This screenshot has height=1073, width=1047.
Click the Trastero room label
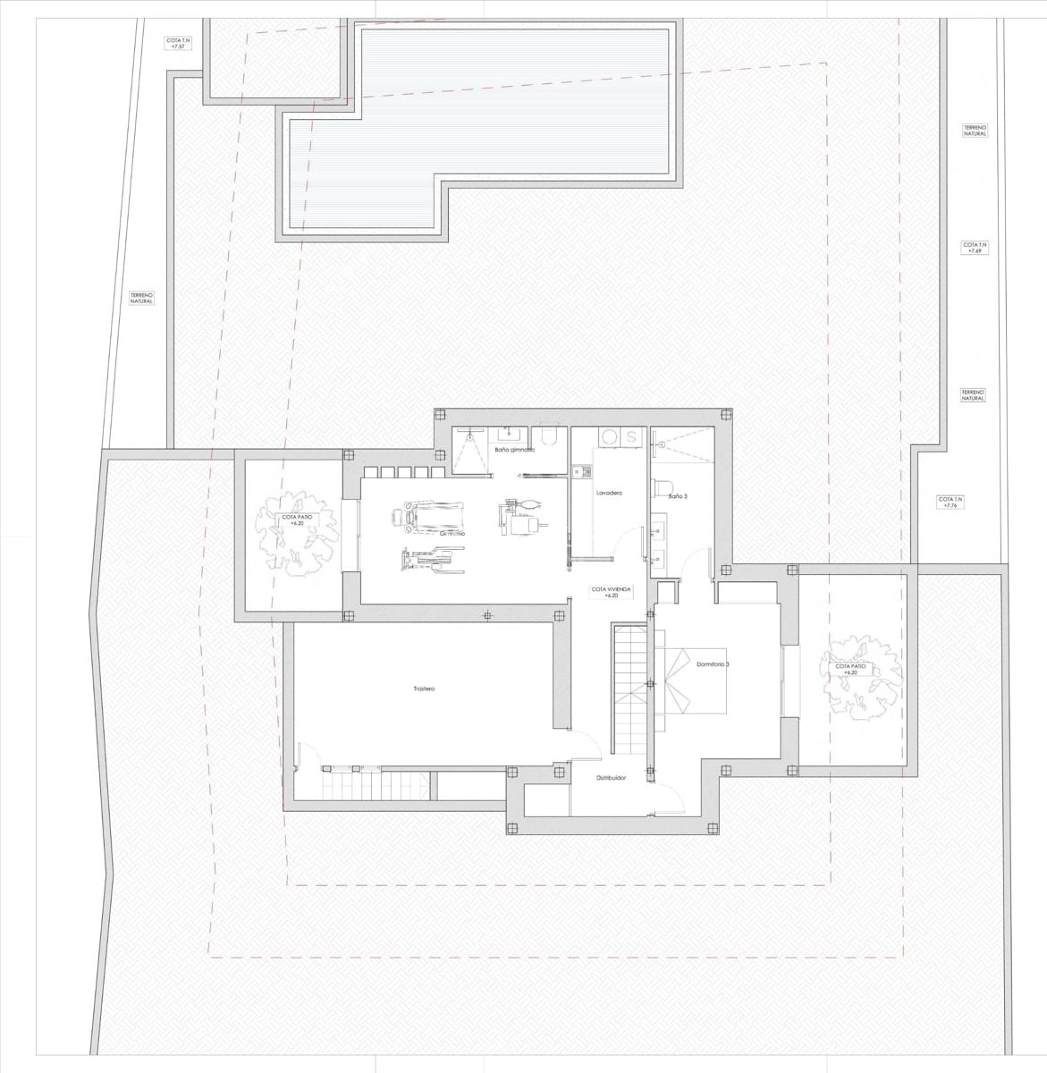click(x=424, y=689)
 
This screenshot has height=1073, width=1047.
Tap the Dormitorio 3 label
click(x=713, y=664)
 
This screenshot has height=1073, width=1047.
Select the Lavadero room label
click(x=609, y=494)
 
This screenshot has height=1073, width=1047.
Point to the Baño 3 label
click(x=678, y=495)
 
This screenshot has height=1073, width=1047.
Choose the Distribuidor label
click(x=611, y=778)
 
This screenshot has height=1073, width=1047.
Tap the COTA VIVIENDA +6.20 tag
click(x=612, y=593)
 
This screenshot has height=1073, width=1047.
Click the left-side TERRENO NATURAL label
click(x=141, y=298)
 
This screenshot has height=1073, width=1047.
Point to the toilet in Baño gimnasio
click(x=551, y=437)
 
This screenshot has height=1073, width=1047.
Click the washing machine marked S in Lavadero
click(x=631, y=437)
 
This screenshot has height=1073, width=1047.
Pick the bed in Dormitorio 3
click(x=694, y=680)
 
